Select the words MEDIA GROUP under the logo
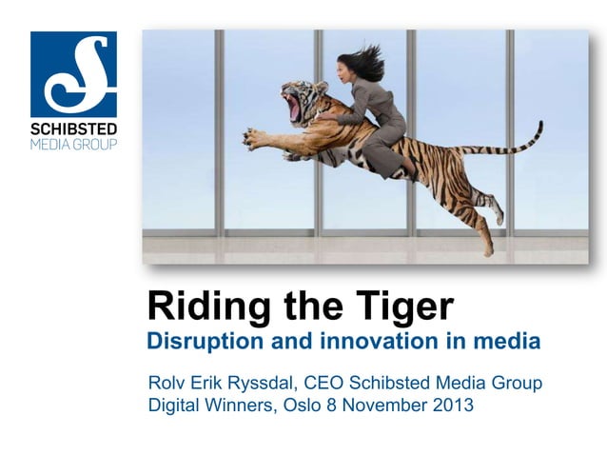[73, 145]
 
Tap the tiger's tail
[509, 142]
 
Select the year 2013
[451, 406]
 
